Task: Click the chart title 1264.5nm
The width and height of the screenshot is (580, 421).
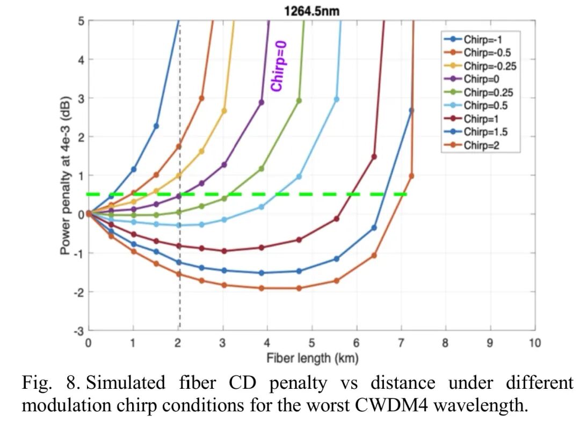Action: click(311, 11)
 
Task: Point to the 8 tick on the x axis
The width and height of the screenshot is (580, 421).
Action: click(445, 343)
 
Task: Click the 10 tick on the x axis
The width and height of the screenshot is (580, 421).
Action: click(534, 343)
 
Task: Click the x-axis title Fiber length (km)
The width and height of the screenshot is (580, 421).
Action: click(311, 357)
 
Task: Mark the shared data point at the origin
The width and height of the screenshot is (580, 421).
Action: click(89, 214)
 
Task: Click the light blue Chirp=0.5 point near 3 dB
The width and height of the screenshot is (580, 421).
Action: click(337, 99)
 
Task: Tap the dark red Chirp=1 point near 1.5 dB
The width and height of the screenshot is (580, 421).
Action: click(374, 157)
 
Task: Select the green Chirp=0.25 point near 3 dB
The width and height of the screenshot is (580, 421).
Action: click(299, 100)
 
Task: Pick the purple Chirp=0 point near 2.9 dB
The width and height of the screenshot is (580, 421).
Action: click(262, 102)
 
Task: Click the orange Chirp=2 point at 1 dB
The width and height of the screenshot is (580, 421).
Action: click(411, 176)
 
